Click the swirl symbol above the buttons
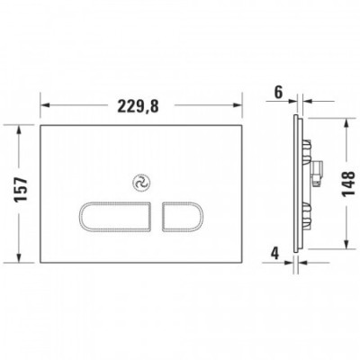coord(140,182)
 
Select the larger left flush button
coord(116,217)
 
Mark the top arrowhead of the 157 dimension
coord(19,127)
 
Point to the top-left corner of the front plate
coord(40,123)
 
